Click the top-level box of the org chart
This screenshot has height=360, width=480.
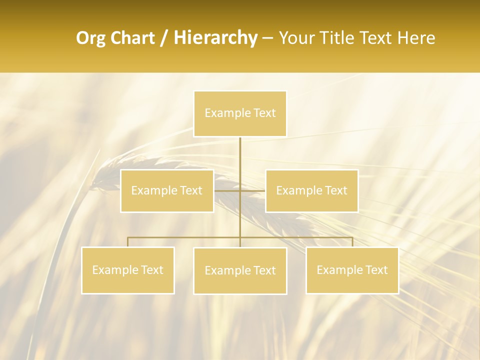pos(240,113)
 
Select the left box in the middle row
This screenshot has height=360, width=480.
pos(167,190)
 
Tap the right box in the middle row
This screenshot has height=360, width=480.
pos(311,190)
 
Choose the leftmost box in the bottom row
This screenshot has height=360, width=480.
pos(128,270)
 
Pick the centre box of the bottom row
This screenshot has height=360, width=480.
pos(240,270)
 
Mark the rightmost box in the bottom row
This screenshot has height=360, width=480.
pos(352,270)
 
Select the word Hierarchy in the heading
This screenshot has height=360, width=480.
pos(215,38)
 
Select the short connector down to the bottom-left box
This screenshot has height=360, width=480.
pos(128,242)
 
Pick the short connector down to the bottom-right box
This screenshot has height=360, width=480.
pos(352,242)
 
